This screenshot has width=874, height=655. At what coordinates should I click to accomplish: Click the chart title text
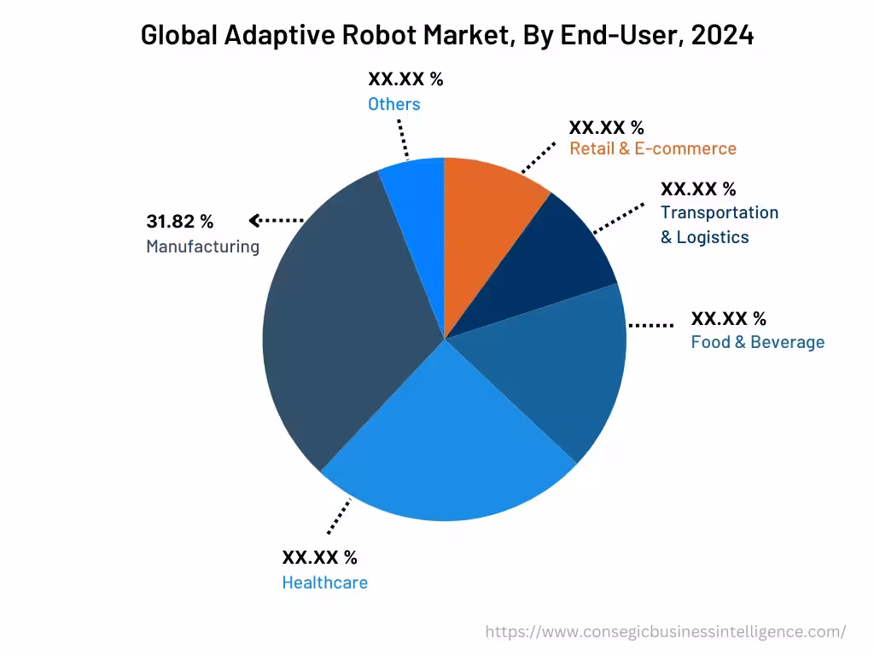click(446, 35)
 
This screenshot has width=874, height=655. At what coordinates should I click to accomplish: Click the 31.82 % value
click(179, 222)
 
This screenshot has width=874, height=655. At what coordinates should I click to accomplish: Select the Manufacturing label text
click(202, 247)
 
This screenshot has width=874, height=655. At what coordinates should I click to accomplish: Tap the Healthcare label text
click(324, 583)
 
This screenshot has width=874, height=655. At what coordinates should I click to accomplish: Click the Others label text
click(393, 104)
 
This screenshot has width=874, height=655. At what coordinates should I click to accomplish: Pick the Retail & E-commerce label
click(652, 148)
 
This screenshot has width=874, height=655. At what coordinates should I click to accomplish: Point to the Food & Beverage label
click(757, 343)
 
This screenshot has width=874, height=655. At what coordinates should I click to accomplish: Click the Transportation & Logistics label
click(719, 224)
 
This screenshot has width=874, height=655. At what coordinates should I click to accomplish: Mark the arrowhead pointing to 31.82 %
click(254, 221)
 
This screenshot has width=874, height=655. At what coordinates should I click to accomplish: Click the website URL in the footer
click(665, 632)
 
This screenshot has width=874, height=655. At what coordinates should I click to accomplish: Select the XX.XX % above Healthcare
click(319, 558)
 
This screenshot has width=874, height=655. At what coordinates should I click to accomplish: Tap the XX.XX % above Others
click(405, 79)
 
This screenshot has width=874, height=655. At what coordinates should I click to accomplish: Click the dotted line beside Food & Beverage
click(650, 325)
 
